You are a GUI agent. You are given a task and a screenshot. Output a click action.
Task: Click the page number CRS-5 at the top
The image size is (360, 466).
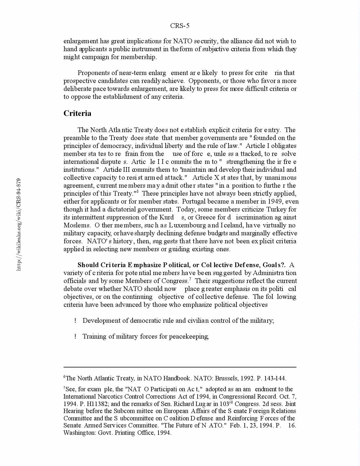pos(180,26)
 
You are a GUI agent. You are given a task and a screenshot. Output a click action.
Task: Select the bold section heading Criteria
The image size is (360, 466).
pos(77,114)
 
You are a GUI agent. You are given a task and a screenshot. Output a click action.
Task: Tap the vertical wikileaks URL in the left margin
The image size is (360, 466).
pos(19,224)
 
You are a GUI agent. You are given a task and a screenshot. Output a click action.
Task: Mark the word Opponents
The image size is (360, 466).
pos(205,81)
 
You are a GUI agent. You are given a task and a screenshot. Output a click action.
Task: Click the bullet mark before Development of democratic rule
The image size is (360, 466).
pos(75,321)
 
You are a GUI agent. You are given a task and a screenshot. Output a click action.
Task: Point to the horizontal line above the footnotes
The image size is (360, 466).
pos(180,367)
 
